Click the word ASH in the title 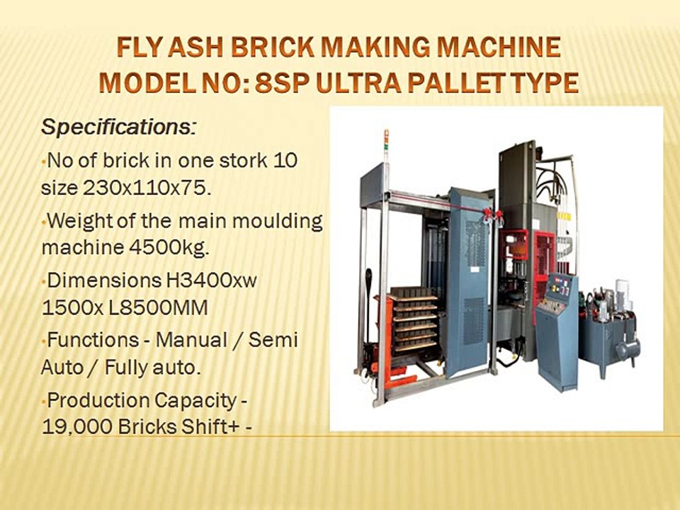[x=198, y=48]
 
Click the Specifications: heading [x=118, y=127]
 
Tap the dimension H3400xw [x=210, y=280]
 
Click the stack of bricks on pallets [x=414, y=319]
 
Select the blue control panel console [x=557, y=329]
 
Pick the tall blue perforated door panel [x=467, y=283]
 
